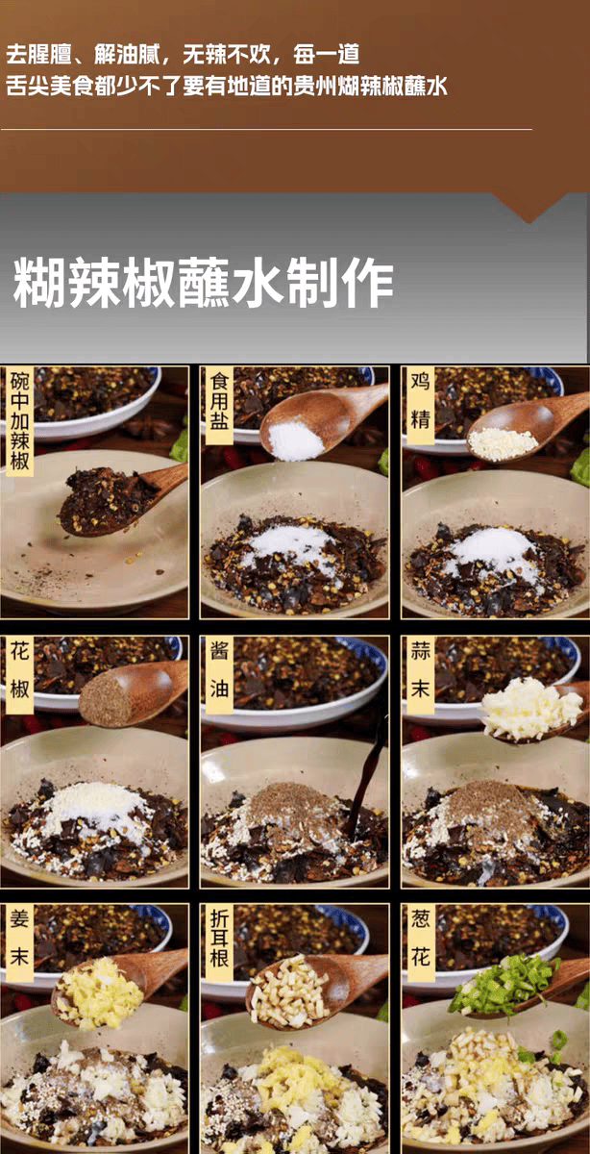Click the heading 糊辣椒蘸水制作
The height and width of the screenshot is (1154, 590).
coord(203,283)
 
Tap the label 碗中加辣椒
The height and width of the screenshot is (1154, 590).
coord(20,421)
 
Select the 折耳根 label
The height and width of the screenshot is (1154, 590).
coord(219,943)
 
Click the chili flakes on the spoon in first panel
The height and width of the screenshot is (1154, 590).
coord(107,500)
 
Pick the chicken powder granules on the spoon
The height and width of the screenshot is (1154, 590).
coord(502,443)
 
